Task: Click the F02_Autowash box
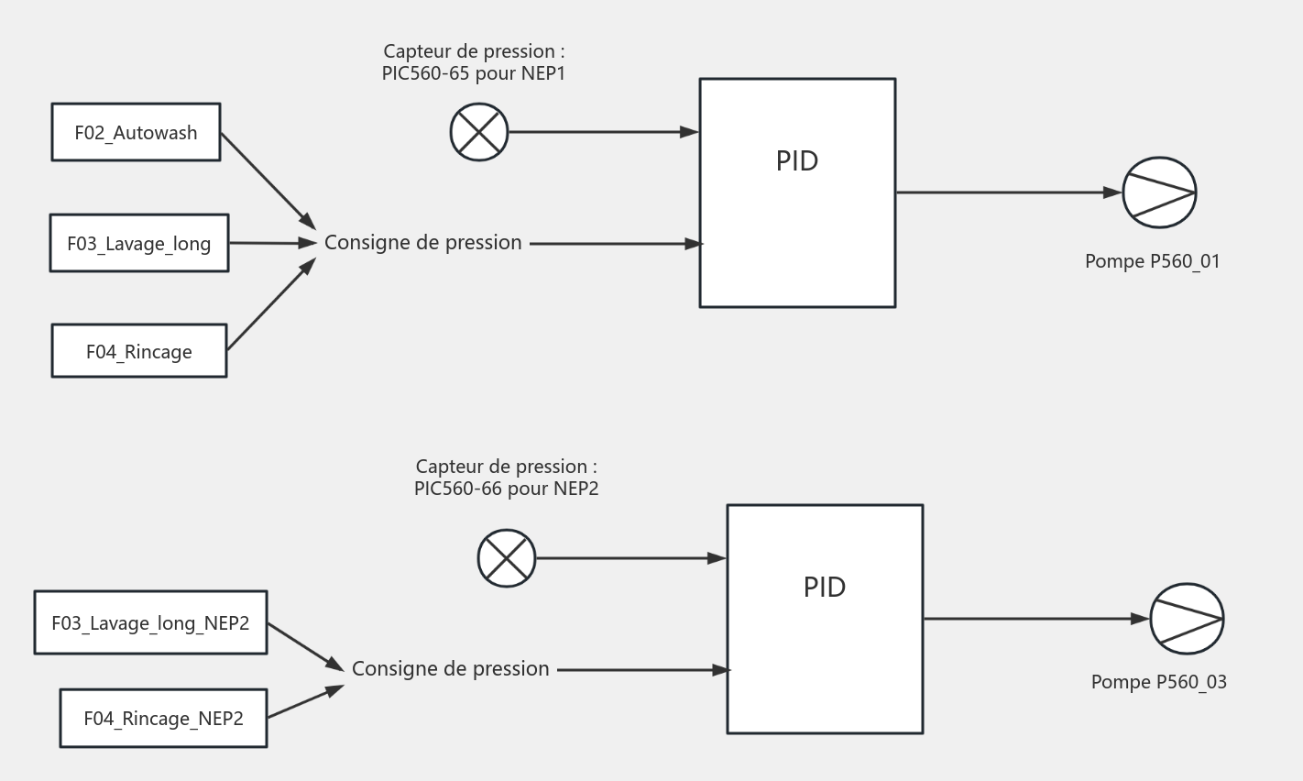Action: tap(136, 132)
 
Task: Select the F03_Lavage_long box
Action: tap(138, 243)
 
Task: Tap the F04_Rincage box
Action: tap(138, 351)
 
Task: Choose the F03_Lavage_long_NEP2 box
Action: tap(150, 622)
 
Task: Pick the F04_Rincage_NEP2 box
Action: tap(163, 718)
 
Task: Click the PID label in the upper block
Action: tap(796, 161)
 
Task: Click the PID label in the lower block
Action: tap(824, 588)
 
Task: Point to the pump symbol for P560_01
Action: tap(1159, 192)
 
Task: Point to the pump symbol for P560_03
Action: tap(1187, 619)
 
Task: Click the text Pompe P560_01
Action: tap(1152, 261)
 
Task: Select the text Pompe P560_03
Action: tap(1158, 682)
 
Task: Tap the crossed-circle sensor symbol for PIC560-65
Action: tap(479, 132)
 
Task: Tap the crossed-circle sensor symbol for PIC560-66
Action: tap(507, 558)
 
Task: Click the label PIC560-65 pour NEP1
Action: tap(473, 73)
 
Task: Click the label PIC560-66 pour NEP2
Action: tap(506, 489)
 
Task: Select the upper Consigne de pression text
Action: tap(422, 243)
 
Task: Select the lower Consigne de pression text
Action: tap(450, 669)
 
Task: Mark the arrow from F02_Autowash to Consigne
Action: tap(268, 181)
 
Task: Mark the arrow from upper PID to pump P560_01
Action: tap(1008, 192)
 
